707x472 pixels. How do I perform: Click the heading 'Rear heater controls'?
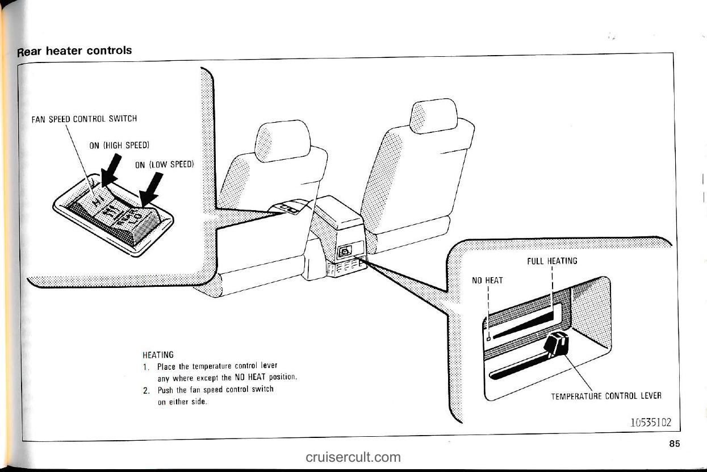pyautogui.click(x=74, y=51)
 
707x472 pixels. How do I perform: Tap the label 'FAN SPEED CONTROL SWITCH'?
pyautogui.click(x=84, y=119)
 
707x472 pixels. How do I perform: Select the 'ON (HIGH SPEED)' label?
pyautogui.click(x=119, y=145)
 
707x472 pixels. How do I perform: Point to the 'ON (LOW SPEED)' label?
pyautogui.click(x=165, y=165)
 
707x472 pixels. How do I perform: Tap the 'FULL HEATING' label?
pyautogui.click(x=552, y=261)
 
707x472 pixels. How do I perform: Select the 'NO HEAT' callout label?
pyautogui.click(x=487, y=280)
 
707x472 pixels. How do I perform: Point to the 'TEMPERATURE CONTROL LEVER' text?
pyautogui.click(x=606, y=396)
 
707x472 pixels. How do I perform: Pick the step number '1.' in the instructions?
pyautogui.click(x=146, y=366)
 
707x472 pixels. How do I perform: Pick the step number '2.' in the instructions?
pyautogui.click(x=146, y=390)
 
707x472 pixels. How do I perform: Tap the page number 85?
pyautogui.click(x=674, y=444)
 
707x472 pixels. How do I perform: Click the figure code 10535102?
pyautogui.click(x=650, y=423)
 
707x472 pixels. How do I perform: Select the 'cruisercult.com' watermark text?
pyautogui.click(x=353, y=457)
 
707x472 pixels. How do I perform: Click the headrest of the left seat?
pyautogui.click(x=282, y=141)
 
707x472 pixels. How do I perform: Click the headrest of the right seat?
pyautogui.click(x=434, y=116)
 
